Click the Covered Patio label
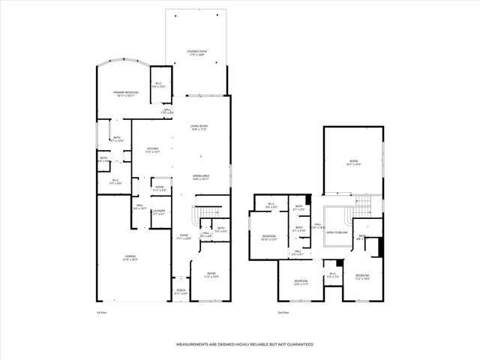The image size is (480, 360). pos(198,52)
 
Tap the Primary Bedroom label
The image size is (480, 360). pos(126,93)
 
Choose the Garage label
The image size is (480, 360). pos(130,257)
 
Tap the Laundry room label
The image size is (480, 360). pos(159,212)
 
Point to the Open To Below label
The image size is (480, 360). pos(337,232)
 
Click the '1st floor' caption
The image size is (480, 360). pos(101,311)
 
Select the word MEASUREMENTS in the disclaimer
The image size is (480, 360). pos(196,344)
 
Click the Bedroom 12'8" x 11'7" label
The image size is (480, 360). pos(301,282)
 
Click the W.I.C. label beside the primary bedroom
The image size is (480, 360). pos(158,85)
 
